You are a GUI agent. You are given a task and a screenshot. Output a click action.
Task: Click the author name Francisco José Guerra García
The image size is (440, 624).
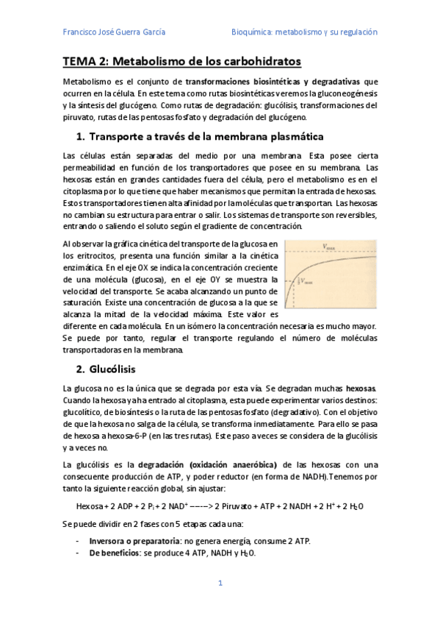click(114, 32)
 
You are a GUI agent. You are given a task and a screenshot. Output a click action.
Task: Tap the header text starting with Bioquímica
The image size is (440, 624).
click(304, 32)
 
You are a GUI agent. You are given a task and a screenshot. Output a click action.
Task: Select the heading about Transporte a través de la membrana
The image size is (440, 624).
click(195, 137)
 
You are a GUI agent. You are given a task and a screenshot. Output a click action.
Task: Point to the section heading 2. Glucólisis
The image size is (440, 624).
click(111, 368)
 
